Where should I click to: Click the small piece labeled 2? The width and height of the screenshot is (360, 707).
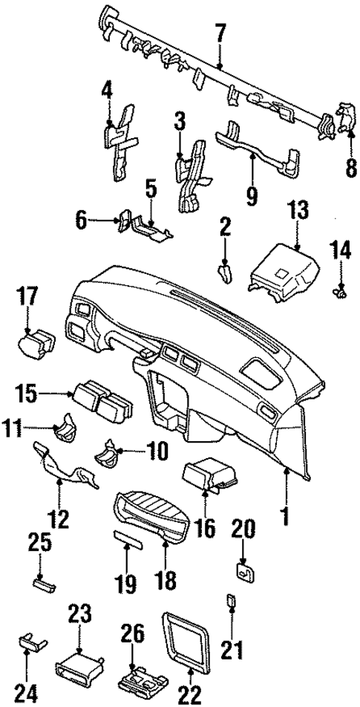coord(224,273)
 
